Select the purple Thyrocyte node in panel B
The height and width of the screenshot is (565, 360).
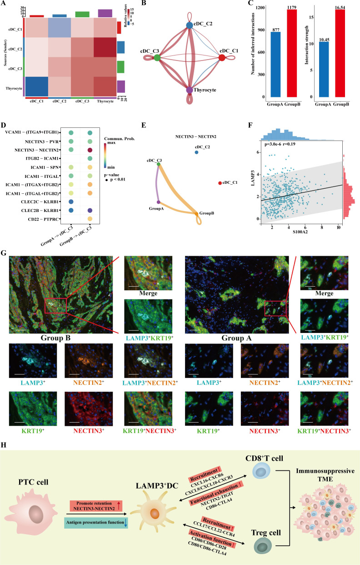(190, 90)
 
